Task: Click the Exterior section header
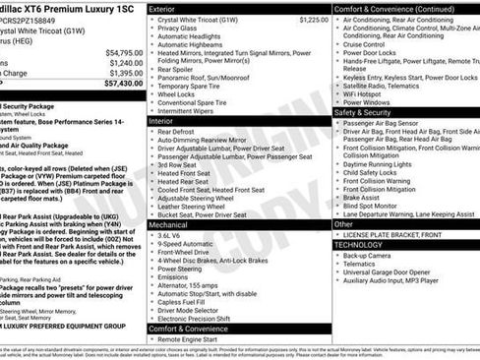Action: tap(163, 8)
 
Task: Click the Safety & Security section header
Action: tap(369, 112)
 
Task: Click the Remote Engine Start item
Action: tap(190, 338)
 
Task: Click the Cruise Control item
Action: tap(365, 44)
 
